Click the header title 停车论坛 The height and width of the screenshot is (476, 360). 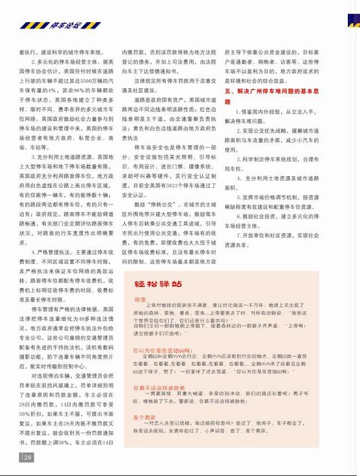(65, 26)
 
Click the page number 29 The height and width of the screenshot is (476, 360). (27, 457)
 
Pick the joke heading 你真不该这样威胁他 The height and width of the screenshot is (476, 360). (159, 387)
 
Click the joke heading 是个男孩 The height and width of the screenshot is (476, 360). (144, 417)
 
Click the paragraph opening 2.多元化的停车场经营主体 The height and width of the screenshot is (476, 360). (69, 61)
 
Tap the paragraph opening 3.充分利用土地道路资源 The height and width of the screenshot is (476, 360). (69, 157)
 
